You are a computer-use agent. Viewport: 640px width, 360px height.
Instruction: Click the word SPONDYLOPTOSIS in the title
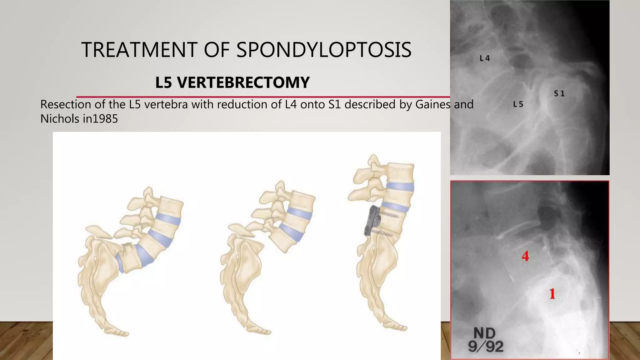point(324,50)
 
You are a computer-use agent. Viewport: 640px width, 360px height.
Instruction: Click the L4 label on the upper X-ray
point(485,58)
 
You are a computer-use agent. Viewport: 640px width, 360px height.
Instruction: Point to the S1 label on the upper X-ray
point(559,93)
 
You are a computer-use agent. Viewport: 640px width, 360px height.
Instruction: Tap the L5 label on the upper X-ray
point(518,104)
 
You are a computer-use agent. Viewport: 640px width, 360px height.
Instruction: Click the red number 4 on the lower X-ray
point(525,257)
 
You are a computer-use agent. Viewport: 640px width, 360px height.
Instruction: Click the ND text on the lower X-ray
point(485,334)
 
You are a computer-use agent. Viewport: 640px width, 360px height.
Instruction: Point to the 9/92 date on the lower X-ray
point(486,347)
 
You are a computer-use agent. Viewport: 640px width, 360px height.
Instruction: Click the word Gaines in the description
point(433,104)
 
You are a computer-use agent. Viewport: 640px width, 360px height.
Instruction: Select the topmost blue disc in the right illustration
point(400,187)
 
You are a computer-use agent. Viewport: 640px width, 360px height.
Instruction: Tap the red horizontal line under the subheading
point(262,97)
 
